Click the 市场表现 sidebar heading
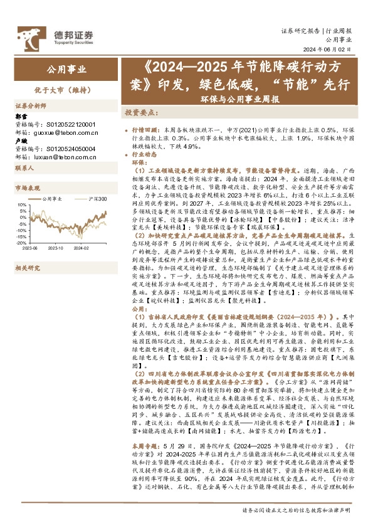[27, 187]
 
